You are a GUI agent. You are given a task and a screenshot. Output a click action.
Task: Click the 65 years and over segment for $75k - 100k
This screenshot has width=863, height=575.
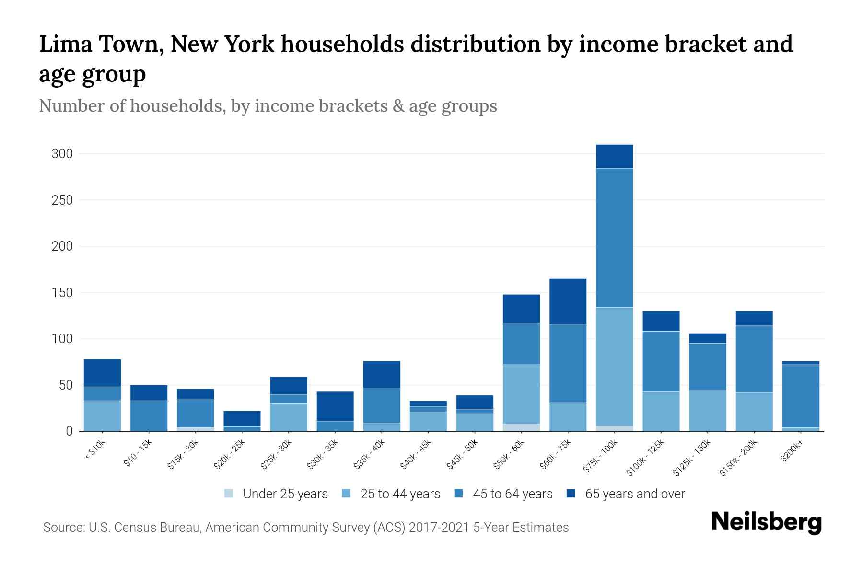click(614, 156)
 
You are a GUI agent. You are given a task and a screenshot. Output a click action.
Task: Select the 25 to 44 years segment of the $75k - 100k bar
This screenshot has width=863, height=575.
click(614, 366)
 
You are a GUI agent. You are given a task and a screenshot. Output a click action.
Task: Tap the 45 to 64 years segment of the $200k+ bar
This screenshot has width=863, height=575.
click(800, 396)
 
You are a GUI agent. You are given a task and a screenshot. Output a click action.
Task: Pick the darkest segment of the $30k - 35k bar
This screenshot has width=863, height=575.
click(335, 406)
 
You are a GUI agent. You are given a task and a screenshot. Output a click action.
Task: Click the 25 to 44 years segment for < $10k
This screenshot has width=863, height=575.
click(102, 415)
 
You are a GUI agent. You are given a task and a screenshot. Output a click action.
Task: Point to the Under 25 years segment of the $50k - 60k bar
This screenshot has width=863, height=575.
click(521, 427)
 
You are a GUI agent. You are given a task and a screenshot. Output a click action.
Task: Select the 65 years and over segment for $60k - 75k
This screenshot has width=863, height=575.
click(568, 301)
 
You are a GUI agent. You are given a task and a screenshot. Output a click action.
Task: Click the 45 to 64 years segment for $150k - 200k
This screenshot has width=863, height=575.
click(754, 359)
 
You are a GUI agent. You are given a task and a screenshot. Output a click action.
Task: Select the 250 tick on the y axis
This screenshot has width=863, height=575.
click(62, 200)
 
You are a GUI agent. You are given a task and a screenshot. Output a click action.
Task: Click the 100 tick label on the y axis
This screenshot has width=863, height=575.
click(62, 339)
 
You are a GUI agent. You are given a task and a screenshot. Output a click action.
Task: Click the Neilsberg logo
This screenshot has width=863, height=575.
click(766, 523)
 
